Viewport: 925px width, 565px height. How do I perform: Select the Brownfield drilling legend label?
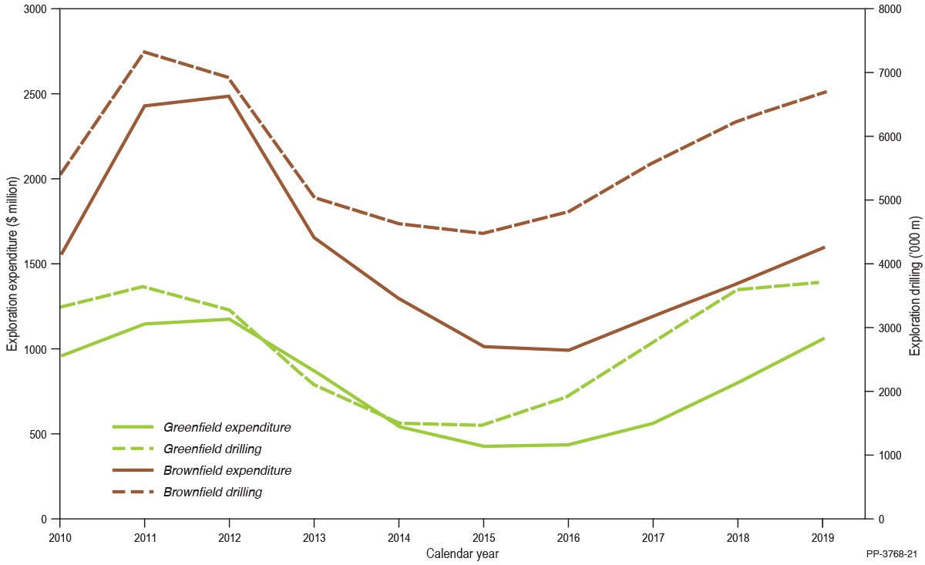213,491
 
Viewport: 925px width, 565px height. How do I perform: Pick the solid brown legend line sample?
133,469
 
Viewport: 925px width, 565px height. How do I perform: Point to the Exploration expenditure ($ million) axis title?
12,264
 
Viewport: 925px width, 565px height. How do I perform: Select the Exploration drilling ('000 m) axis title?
915,264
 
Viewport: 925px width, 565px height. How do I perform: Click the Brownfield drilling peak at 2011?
144,52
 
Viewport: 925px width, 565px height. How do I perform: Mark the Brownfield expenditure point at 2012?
229,96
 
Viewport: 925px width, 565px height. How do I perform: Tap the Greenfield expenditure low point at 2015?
483,446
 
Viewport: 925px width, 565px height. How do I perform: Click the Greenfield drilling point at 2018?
738,290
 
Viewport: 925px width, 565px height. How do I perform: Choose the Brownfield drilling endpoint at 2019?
822,92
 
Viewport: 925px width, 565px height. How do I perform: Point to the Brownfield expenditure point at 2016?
568,350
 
